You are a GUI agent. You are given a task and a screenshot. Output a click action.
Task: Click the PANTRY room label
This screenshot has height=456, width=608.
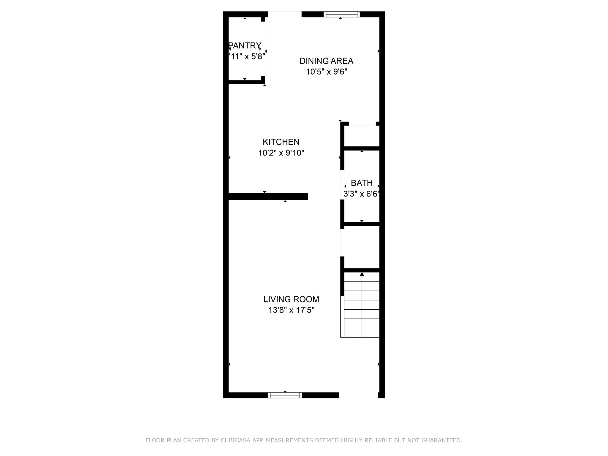click(245, 45)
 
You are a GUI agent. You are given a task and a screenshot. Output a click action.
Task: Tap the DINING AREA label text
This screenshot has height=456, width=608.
click(326, 61)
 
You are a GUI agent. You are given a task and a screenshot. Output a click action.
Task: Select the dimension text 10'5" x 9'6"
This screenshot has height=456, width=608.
click(327, 72)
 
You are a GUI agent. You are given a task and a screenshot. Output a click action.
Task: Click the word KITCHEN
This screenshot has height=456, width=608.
click(281, 142)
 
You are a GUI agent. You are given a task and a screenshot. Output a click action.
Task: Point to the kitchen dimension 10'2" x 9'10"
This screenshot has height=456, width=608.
click(281, 153)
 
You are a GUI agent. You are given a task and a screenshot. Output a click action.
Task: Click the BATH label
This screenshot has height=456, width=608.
click(362, 183)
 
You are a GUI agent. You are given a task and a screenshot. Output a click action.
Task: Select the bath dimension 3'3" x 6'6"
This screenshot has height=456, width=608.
click(361, 194)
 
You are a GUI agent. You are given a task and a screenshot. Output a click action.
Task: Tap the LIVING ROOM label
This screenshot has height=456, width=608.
click(291, 299)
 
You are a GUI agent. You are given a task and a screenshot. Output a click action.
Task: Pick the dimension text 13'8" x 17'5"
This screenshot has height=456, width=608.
click(291, 310)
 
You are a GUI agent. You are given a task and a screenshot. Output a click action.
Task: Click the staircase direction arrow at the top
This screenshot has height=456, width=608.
click(362, 274)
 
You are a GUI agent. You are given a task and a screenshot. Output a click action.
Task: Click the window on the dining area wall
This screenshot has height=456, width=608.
click(341, 14)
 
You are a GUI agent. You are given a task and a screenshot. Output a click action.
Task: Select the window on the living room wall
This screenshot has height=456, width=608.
click(285, 395)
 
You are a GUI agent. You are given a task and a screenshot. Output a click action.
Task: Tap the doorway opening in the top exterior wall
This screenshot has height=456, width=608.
click(285, 14)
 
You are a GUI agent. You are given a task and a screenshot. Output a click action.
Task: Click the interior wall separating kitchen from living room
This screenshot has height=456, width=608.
click(267, 197)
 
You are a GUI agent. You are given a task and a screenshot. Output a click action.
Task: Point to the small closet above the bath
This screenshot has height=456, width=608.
click(362, 136)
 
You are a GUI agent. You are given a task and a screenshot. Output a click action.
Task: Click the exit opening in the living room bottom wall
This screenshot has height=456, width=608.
click(358, 395)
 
